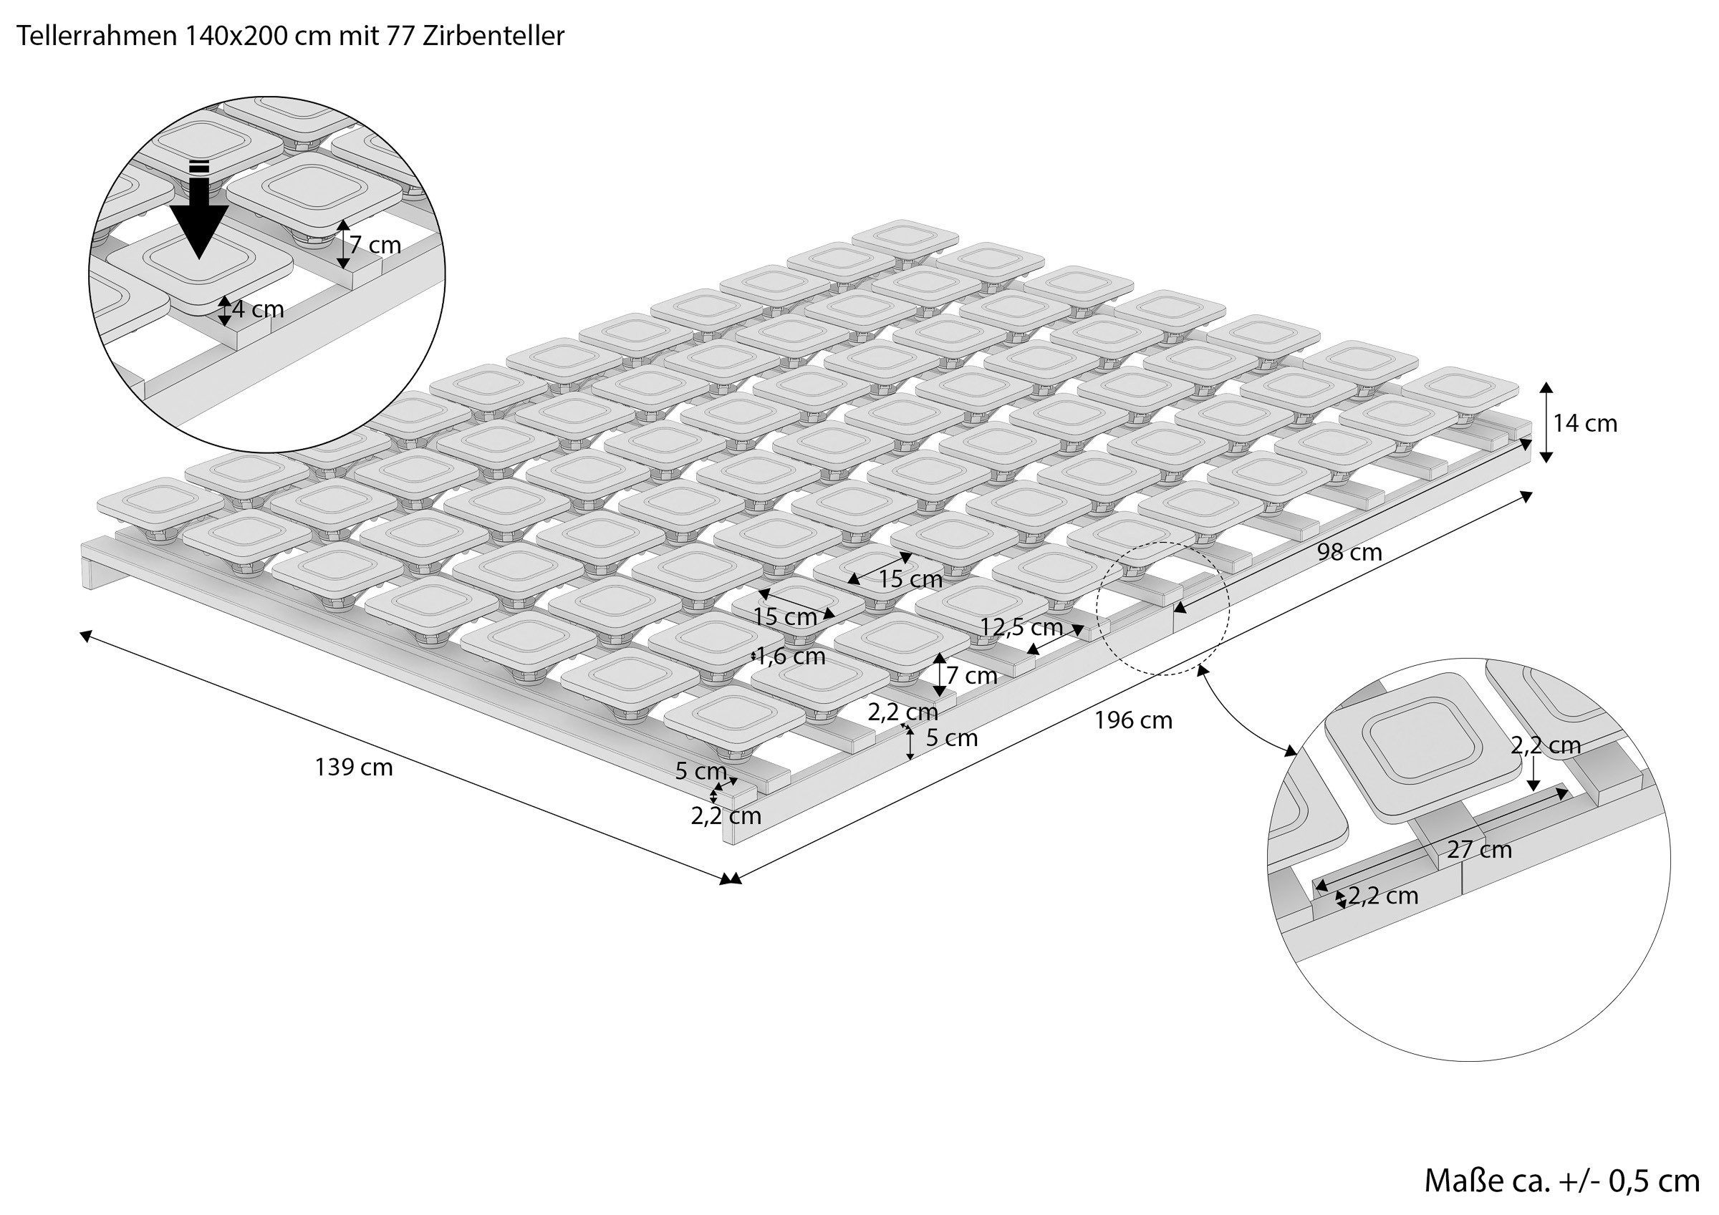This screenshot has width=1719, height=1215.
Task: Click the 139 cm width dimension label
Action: (354, 768)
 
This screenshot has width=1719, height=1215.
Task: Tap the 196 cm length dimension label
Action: (1133, 720)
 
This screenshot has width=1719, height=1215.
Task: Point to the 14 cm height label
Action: (1585, 424)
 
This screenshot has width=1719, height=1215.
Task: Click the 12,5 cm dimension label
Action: (1022, 626)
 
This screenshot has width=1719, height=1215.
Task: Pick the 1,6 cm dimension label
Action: (791, 657)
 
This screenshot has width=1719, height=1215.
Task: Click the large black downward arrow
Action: (198, 210)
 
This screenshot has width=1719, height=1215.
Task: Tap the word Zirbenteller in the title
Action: (493, 36)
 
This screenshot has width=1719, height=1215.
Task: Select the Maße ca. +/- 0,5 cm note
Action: (1561, 1181)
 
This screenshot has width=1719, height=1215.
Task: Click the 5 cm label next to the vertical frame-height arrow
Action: (953, 738)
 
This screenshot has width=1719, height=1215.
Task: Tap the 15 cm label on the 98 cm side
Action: (910, 579)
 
